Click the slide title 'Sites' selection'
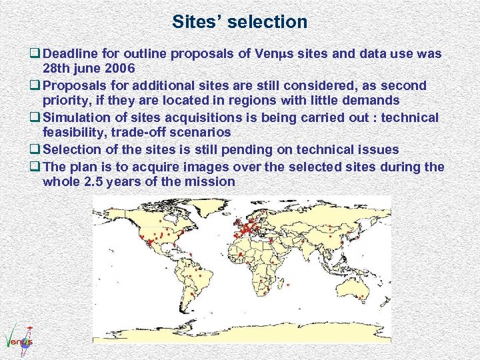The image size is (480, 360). pyautogui.click(x=239, y=21)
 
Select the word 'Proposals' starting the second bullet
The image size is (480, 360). pyautogui.click(x=77, y=85)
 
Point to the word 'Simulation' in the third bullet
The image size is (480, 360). pyautogui.click(x=79, y=117)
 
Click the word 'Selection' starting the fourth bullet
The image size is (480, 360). pyautogui.click(x=75, y=149)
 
